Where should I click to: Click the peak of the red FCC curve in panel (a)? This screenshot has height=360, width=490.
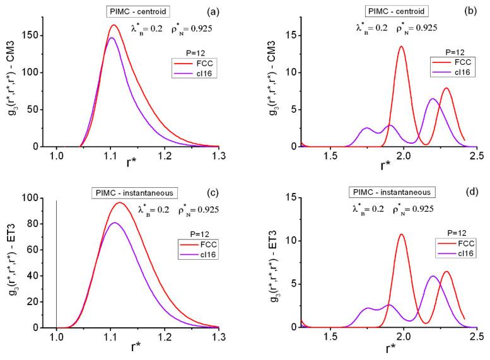[x=114, y=25]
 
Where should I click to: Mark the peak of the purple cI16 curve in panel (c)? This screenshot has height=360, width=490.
[x=113, y=223]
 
